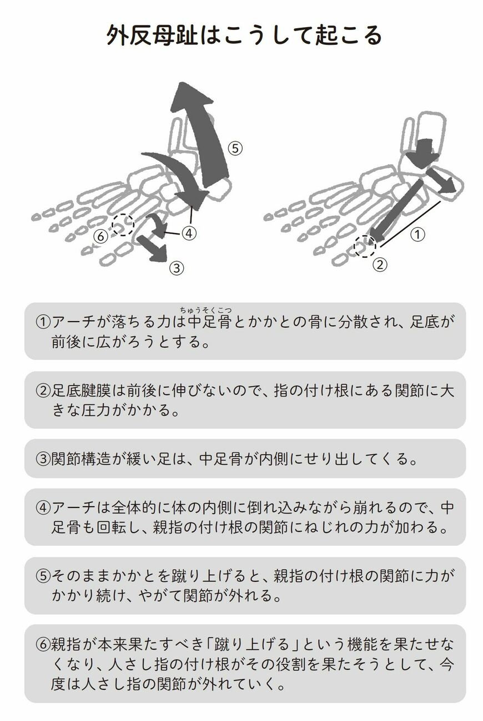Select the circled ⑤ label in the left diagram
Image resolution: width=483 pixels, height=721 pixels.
(235, 148)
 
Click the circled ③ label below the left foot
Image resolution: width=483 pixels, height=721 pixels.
(175, 268)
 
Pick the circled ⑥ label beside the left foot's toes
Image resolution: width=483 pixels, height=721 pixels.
(100, 236)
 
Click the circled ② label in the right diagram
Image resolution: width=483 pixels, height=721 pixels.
(379, 265)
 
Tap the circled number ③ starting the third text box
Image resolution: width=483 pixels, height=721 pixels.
(43, 459)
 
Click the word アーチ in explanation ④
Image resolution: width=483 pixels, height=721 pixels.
(71, 507)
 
